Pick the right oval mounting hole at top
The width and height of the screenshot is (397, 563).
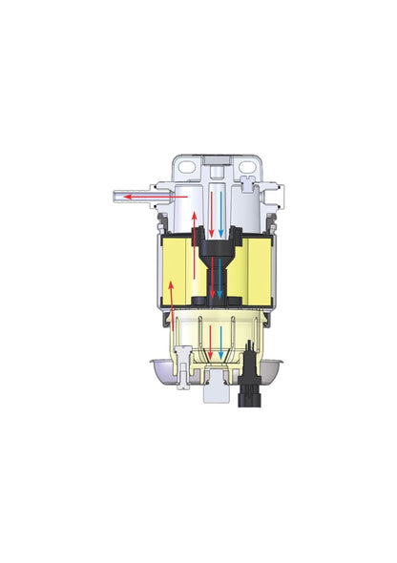point(251,164)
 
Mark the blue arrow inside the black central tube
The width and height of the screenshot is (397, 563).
point(221,277)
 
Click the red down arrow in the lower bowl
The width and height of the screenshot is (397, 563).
point(208,343)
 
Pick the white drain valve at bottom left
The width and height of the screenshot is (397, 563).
point(179,376)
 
